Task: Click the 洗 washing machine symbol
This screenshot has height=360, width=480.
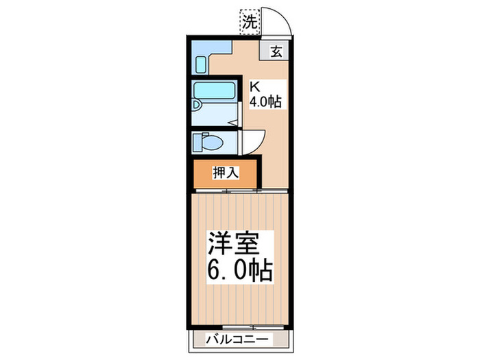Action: point(250,21)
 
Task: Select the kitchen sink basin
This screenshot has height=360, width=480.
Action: point(201,64)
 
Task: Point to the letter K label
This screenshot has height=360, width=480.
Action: point(254,87)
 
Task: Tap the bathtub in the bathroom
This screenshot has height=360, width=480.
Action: point(214,91)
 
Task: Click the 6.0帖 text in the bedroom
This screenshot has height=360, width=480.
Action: point(240,269)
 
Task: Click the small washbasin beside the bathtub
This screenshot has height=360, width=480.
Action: point(197,106)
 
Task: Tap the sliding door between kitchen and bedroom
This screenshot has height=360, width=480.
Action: point(240,191)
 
